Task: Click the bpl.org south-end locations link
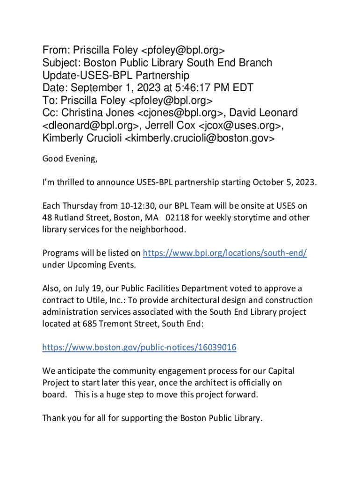point(224,253)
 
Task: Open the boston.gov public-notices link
point(139,347)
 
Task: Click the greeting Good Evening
point(70,158)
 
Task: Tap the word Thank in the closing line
point(53,418)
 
